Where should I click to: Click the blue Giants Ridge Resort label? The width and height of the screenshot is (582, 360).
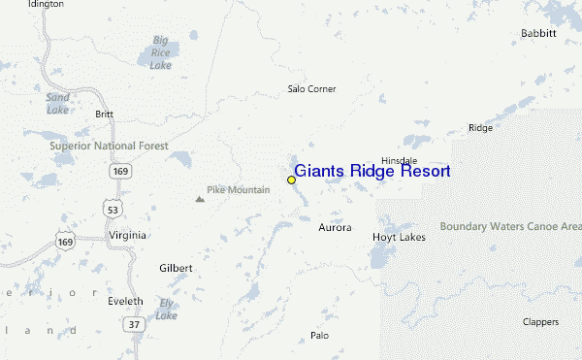pyautogui.click(x=372, y=172)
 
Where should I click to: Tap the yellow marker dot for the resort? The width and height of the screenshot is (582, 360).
pyautogui.click(x=291, y=180)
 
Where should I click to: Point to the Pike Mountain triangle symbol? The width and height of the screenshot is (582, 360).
pyautogui.click(x=200, y=199)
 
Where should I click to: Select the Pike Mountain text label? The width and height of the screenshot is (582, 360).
pyautogui.click(x=238, y=190)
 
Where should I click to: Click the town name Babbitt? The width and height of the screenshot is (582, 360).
pyautogui.click(x=538, y=33)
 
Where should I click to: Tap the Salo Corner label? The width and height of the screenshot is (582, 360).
pyautogui.click(x=311, y=89)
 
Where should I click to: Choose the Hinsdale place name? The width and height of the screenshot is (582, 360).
pyautogui.click(x=399, y=160)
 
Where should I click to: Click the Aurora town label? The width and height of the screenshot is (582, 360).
pyautogui.click(x=335, y=228)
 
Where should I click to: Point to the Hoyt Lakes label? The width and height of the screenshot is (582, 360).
pyautogui.click(x=399, y=237)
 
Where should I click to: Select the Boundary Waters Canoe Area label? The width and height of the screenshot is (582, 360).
pyautogui.click(x=510, y=226)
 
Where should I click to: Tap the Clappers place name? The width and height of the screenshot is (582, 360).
pyautogui.click(x=541, y=321)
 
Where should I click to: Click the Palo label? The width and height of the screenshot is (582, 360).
pyautogui.click(x=319, y=336)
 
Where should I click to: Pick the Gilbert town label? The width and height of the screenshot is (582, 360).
pyautogui.click(x=176, y=268)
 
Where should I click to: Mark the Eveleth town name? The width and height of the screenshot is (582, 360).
pyautogui.click(x=125, y=302)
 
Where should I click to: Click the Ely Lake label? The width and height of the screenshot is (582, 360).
pyautogui.click(x=166, y=309)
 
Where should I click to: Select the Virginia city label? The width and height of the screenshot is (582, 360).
pyautogui.click(x=127, y=235)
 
